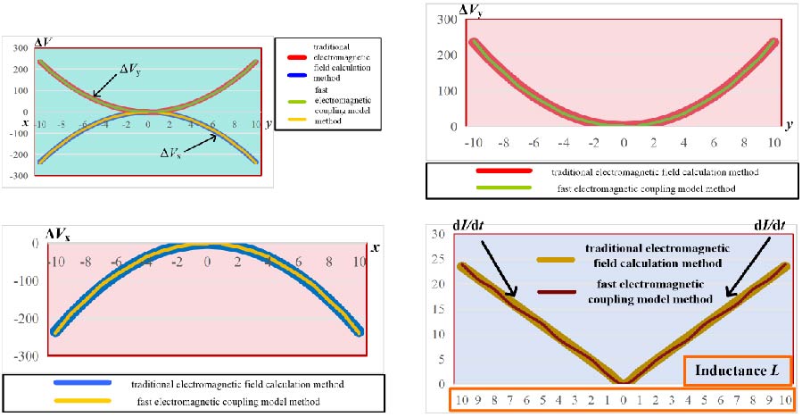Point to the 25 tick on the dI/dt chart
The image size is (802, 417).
pos(437,258)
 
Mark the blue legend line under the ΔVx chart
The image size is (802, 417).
pos(81,382)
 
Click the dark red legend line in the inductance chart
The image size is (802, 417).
pos(558,291)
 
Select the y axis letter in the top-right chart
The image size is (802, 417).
pos(790,129)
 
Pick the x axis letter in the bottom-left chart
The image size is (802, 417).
pos(376,247)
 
